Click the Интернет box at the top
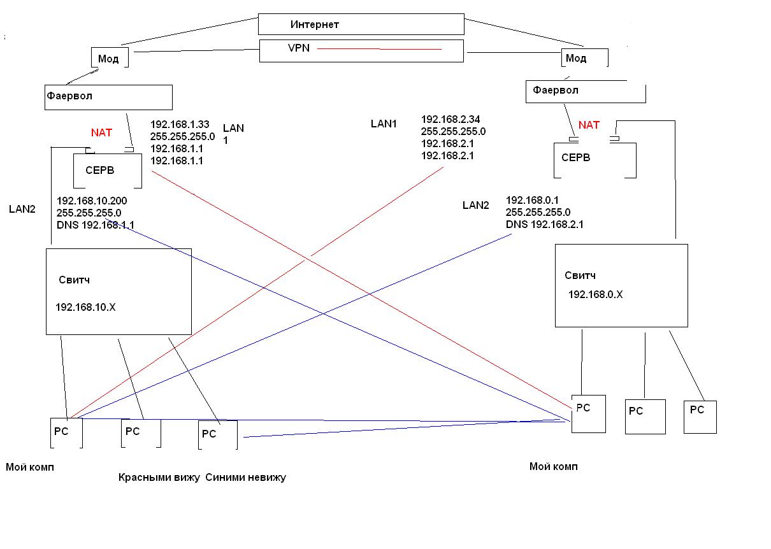(x=361, y=24)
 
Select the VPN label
(x=298, y=48)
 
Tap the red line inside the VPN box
(x=379, y=49)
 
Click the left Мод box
(x=110, y=58)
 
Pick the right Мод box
(x=584, y=58)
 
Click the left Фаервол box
(x=108, y=97)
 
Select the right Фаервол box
(x=585, y=91)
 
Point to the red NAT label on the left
(x=101, y=132)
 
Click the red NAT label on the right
(x=589, y=125)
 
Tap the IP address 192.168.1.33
(x=180, y=124)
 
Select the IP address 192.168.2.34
(x=450, y=119)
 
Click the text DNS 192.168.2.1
(x=545, y=224)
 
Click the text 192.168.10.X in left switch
(x=86, y=307)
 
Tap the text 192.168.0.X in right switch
(x=595, y=294)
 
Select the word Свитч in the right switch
(x=580, y=275)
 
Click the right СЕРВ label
(x=576, y=157)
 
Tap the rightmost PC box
(x=700, y=417)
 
